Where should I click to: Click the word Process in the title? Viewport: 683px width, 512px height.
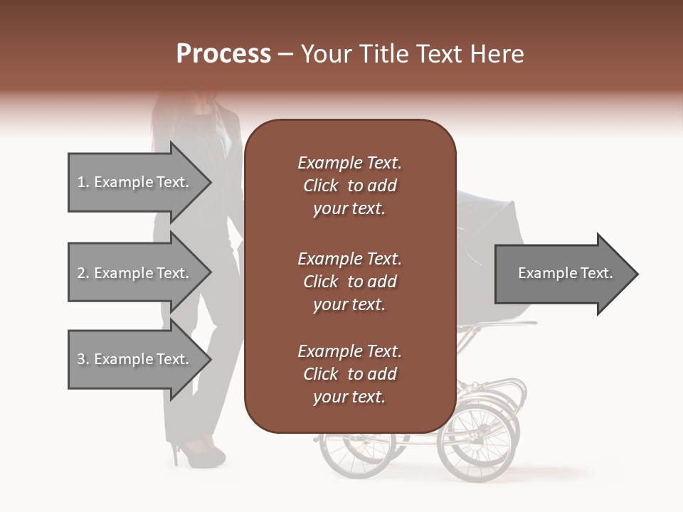pos(223,54)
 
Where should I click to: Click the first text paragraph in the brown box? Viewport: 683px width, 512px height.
pos(349,186)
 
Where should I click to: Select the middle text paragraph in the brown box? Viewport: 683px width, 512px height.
pos(349,281)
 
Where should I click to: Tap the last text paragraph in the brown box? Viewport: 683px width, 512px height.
pos(349,374)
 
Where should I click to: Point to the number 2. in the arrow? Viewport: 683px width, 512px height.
pos(83,273)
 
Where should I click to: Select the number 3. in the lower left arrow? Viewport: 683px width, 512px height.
pos(83,359)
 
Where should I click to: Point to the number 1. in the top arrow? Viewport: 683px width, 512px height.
pos(83,182)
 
